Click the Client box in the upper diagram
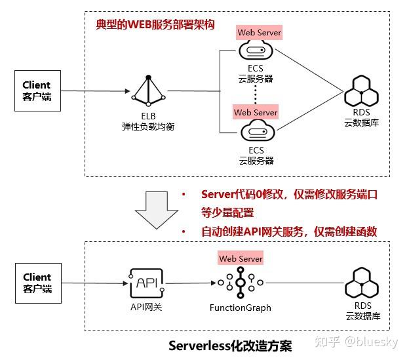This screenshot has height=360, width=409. [37, 90]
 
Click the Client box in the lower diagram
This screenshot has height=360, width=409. [37, 283]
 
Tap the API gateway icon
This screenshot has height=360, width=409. [147, 283]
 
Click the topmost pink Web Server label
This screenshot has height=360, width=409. [259, 32]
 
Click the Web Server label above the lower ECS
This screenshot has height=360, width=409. [256, 112]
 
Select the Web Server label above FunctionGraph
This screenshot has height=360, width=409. [241, 258]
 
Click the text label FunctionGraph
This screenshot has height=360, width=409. [240, 308]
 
